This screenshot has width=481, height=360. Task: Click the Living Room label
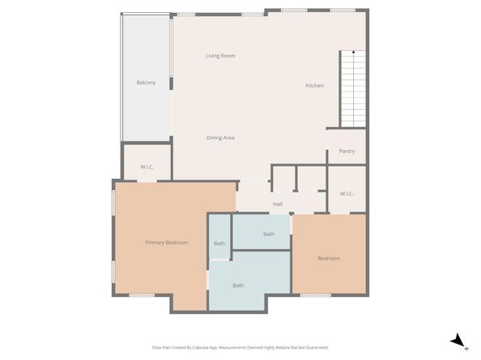click(x=219, y=56)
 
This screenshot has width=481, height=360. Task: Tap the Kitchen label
click(x=314, y=86)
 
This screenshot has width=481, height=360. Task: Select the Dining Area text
click(x=219, y=138)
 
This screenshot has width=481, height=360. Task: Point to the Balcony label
click(x=146, y=83)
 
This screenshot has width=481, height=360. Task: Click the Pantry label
click(x=347, y=151)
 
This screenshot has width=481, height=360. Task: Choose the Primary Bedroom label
click(x=167, y=243)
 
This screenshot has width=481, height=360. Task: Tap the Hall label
click(x=278, y=205)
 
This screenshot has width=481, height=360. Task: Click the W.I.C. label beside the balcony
click(x=147, y=167)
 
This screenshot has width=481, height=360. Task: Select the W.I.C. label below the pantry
click(x=347, y=193)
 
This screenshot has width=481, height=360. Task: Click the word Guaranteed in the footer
click(x=313, y=347)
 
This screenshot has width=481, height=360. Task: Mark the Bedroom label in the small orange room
click(x=329, y=259)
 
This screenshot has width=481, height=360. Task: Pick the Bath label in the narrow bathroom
click(x=219, y=244)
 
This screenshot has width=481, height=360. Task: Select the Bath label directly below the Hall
click(x=269, y=235)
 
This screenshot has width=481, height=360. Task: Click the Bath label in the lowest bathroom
click(x=238, y=285)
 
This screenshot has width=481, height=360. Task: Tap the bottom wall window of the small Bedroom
click(x=315, y=295)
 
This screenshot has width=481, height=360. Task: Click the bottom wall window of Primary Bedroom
click(x=142, y=295)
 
